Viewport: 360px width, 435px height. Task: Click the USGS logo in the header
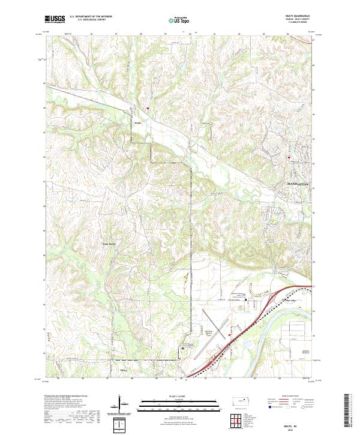[55, 20]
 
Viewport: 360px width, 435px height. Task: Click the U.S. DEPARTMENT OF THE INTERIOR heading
[91, 17]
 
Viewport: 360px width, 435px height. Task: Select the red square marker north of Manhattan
[289, 159]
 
